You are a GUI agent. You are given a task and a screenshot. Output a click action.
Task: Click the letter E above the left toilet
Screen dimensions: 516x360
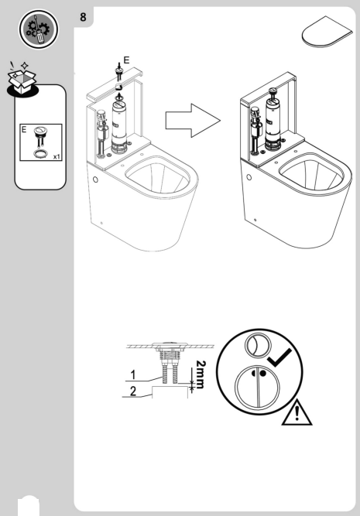coord(127,58)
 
